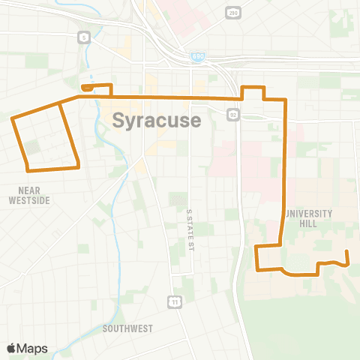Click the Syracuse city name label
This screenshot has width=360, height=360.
(157, 121)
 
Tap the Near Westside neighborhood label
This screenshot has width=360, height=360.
(29, 196)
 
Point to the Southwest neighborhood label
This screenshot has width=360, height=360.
(128, 328)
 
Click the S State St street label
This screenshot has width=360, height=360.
(190, 229)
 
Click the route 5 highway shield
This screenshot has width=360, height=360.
(84, 36)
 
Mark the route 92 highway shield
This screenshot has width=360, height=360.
(233, 114)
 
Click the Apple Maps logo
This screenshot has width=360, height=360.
(27, 348)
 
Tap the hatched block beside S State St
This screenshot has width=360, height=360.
(178, 199)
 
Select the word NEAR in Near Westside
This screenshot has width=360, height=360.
(29, 190)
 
